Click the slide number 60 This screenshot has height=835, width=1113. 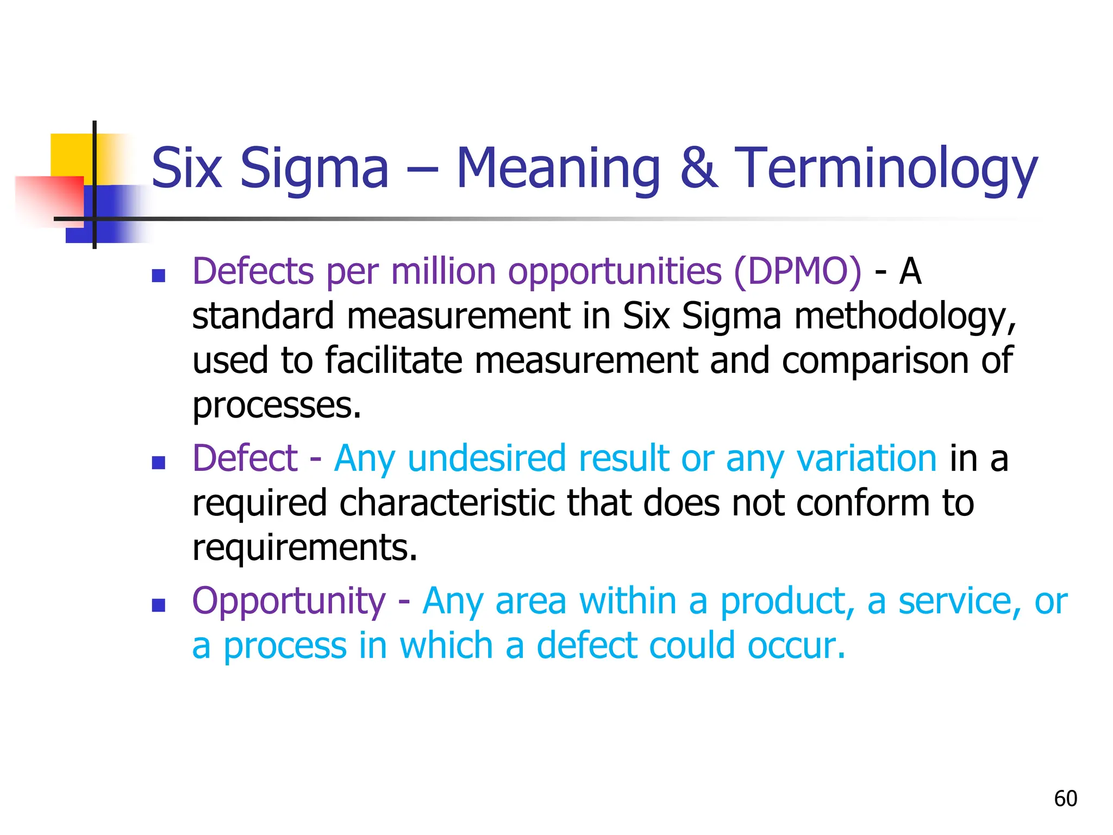(1065, 799)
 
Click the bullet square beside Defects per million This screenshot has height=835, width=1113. (158, 276)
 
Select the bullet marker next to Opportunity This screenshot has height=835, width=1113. (158, 605)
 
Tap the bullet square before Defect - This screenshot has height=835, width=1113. (158, 463)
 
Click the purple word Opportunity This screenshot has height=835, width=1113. (289, 602)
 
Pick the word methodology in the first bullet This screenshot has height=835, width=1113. (904, 317)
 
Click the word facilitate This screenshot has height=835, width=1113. (393, 360)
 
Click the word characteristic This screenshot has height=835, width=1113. (449, 503)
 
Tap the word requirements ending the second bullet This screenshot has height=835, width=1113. (304, 548)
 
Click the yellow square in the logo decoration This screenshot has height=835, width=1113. (71, 155)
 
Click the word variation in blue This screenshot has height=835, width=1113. (866, 459)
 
